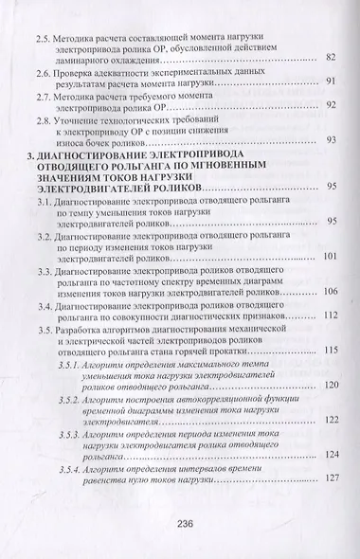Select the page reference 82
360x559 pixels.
coord(331,59)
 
